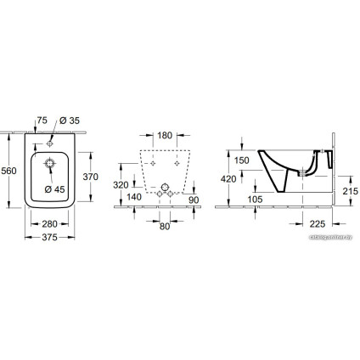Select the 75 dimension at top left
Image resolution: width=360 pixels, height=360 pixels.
coord(41,121)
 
